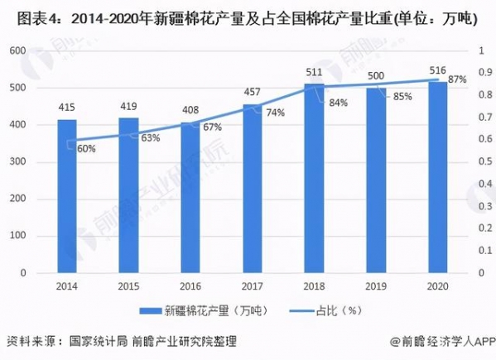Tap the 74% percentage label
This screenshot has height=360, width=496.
point(276,113)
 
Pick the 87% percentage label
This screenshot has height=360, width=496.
point(456,80)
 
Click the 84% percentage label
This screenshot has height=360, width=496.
point(337,103)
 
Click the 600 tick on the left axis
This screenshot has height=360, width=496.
point(16,50)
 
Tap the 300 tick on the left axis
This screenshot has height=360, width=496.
point(16,161)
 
